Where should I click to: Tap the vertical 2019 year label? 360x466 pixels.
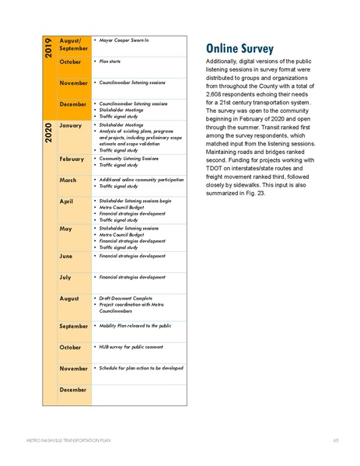tap(47, 49)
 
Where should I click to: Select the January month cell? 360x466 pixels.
tap(71, 125)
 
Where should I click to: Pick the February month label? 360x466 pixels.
tap(72, 159)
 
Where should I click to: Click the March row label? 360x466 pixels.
tap(68, 180)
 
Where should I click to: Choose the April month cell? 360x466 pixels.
tap(67, 201)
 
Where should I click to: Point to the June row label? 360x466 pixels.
tap(67, 255)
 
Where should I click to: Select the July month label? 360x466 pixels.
tap(66, 276)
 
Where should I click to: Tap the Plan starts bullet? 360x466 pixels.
tap(110, 60)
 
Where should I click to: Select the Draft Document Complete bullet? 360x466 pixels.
tap(124, 297)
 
